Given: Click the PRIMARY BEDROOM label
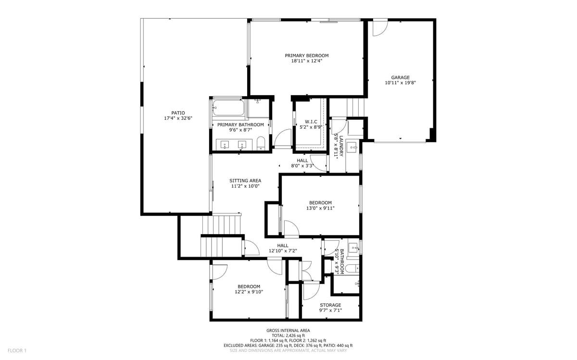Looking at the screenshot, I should tap(306, 55).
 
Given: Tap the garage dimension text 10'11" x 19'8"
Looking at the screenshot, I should tap(400, 83).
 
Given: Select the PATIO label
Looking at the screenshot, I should tap(178, 113).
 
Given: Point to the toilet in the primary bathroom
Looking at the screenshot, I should tap(261, 143).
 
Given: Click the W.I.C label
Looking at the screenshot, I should tap(310, 122).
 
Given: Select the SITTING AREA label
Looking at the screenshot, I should tap(245, 181).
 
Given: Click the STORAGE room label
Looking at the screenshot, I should tap(330, 305).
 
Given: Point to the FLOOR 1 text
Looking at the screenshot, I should tap(17, 350).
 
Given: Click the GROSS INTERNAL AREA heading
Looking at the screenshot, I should tap(288, 331).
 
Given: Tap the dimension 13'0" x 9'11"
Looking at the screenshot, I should tap(320, 208).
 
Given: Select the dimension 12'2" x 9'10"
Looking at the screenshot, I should tap(249, 292).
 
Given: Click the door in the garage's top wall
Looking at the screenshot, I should tap(380, 27).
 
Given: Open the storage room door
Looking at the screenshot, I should tap(310, 290).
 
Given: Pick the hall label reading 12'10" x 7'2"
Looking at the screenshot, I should tap(283, 250).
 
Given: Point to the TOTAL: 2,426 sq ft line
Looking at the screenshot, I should tap(288, 335).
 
